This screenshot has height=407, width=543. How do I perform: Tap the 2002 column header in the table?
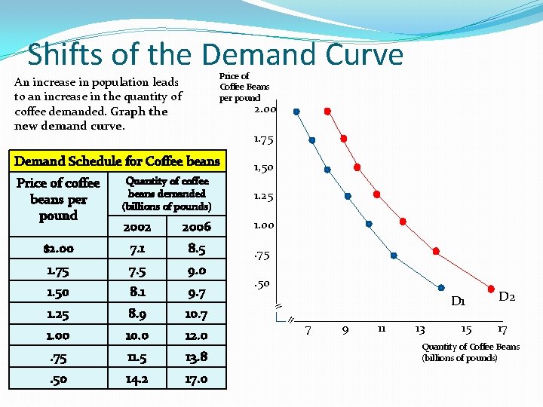[x=137, y=226]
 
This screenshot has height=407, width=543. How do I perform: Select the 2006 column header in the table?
[x=196, y=226]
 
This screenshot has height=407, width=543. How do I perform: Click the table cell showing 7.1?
[x=137, y=248]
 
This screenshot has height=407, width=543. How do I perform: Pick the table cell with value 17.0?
[x=196, y=379]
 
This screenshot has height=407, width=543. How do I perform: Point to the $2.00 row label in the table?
[x=58, y=248]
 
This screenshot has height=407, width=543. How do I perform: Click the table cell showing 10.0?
[x=137, y=335]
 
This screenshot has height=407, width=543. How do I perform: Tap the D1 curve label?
[x=458, y=301]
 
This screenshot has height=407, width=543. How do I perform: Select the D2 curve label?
[x=507, y=297]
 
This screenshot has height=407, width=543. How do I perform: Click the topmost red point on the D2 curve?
[x=327, y=111]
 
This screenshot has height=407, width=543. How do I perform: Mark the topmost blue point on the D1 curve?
[x=296, y=112]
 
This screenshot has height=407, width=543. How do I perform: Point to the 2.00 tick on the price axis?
[x=265, y=109]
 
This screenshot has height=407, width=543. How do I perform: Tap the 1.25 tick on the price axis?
[x=264, y=197]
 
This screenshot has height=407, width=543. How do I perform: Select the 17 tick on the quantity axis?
[x=501, y=329]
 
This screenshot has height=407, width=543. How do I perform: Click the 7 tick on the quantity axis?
[x=307, y=330]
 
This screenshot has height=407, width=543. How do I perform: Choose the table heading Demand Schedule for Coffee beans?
[x=117, y=161]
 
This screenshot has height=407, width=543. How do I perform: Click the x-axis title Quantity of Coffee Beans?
[x=470, y=347]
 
